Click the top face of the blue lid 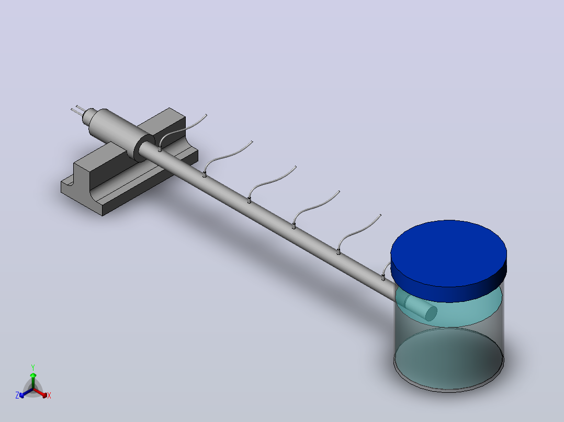pyautogui.click(x=448, y=253)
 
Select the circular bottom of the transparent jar pyautogui.click(x=448, y=359)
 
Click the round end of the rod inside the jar pyautogui.click(x=431, y=313)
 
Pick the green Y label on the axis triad pyautogui.click(x=33, y=367)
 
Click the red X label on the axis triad pyautogui.click(x=49, y=395)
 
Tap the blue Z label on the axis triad pyautogui.click(x=17, y=395)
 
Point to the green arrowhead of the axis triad pyautogui.click(x=33, y=375)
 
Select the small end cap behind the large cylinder pyautogui.click(x=88, y=116)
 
